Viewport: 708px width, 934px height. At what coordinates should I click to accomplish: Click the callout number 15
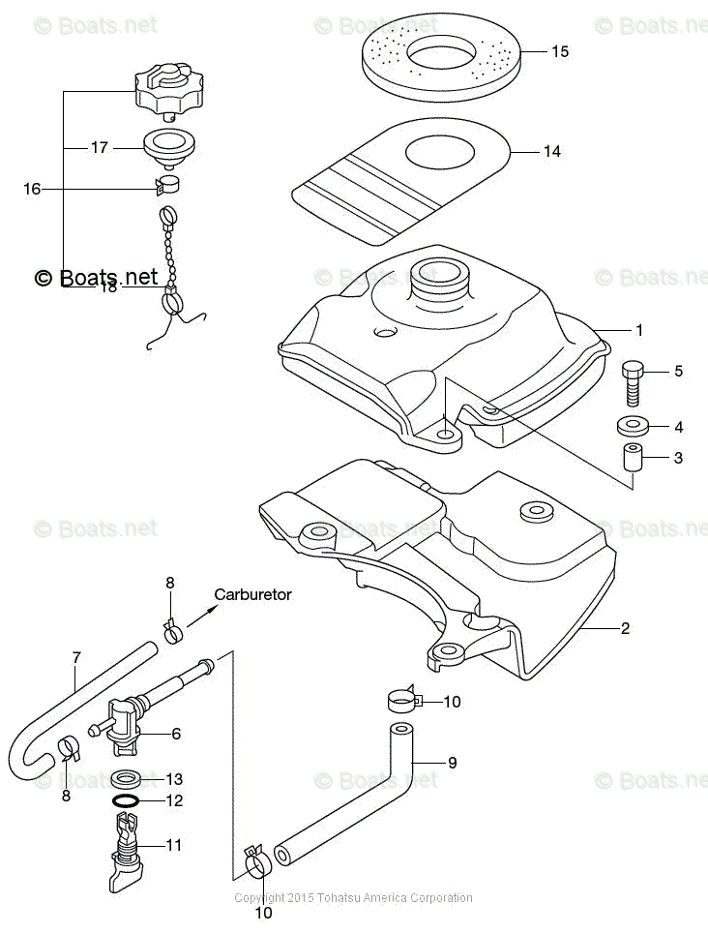coord(560,51)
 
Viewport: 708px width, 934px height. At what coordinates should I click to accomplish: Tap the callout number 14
coord(551,151)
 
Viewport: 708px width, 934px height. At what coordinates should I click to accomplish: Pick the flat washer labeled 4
coord(633,425)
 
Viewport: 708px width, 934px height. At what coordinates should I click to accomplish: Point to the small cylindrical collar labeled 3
coord(633,458)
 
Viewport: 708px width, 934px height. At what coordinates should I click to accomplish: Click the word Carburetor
coord(252,595)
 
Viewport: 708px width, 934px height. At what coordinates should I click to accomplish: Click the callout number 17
coord(99,148)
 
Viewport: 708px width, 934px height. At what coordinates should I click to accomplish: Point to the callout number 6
coord(176,734)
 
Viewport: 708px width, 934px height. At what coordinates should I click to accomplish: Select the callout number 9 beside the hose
coord(452,763)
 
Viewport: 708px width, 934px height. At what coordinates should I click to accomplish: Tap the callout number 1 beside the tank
coord(638,331)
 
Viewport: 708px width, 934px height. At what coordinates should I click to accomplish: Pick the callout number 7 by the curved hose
coord(76,658)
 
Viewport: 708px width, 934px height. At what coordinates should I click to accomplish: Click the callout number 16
coord(32,189)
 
